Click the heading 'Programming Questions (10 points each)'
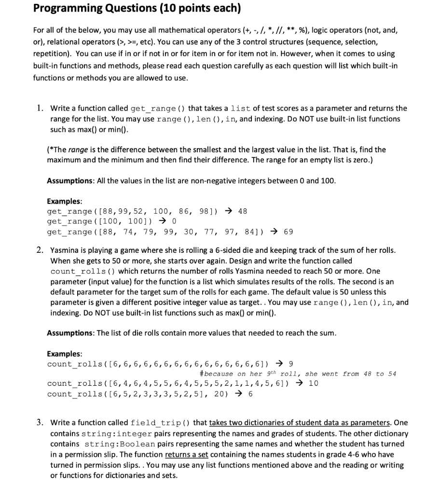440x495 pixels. (137, 9)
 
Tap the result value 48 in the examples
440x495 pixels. (243, 211)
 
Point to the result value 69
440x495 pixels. (288, 232)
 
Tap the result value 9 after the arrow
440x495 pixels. (290, 364)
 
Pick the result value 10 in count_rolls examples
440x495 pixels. (313, 383)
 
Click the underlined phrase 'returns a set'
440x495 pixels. (187, 454)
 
